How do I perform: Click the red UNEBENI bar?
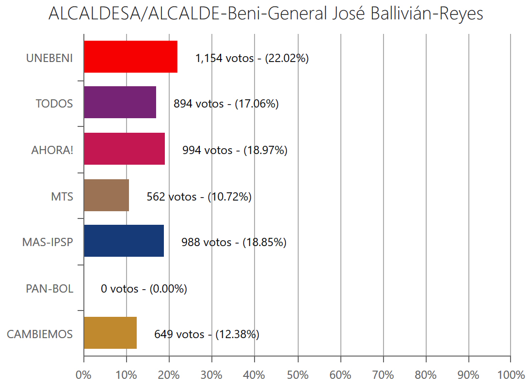point(130,57)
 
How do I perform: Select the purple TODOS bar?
point(120,102)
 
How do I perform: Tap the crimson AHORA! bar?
point(124,149)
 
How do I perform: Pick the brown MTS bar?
point(106,195)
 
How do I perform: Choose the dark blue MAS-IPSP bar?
point(124,241)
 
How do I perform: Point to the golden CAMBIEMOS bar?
point(110,333)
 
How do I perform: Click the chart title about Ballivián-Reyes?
point(266,14)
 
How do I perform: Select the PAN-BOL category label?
point(49,289)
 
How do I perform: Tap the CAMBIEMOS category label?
point(40,334)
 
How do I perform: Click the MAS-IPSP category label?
point(48,242)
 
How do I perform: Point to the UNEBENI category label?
point(49,58)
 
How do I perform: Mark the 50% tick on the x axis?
point(297,375)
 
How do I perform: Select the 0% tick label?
point(84,375)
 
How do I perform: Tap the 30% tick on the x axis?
point(212,375)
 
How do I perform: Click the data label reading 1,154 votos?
point(252,58)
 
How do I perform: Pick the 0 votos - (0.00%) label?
point(144,289)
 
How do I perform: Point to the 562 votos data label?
point(199,197)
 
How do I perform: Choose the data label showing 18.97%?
point(235,150)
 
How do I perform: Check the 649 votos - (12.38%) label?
point(207,334)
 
